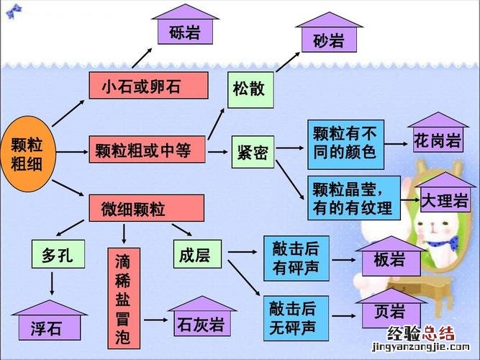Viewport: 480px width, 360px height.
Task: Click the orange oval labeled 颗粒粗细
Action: [27, 152]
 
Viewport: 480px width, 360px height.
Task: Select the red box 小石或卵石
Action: [148, 86]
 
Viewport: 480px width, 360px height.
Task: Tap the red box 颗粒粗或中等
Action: [147, 150]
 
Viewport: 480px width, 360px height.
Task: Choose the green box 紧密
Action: [253, 152]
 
